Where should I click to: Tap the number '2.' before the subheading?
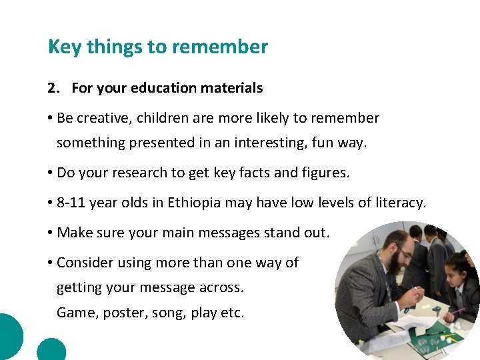(x=54, y=88)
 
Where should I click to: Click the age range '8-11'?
(x=71, y=203)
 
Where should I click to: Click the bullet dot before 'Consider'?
(x=50, y=263)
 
